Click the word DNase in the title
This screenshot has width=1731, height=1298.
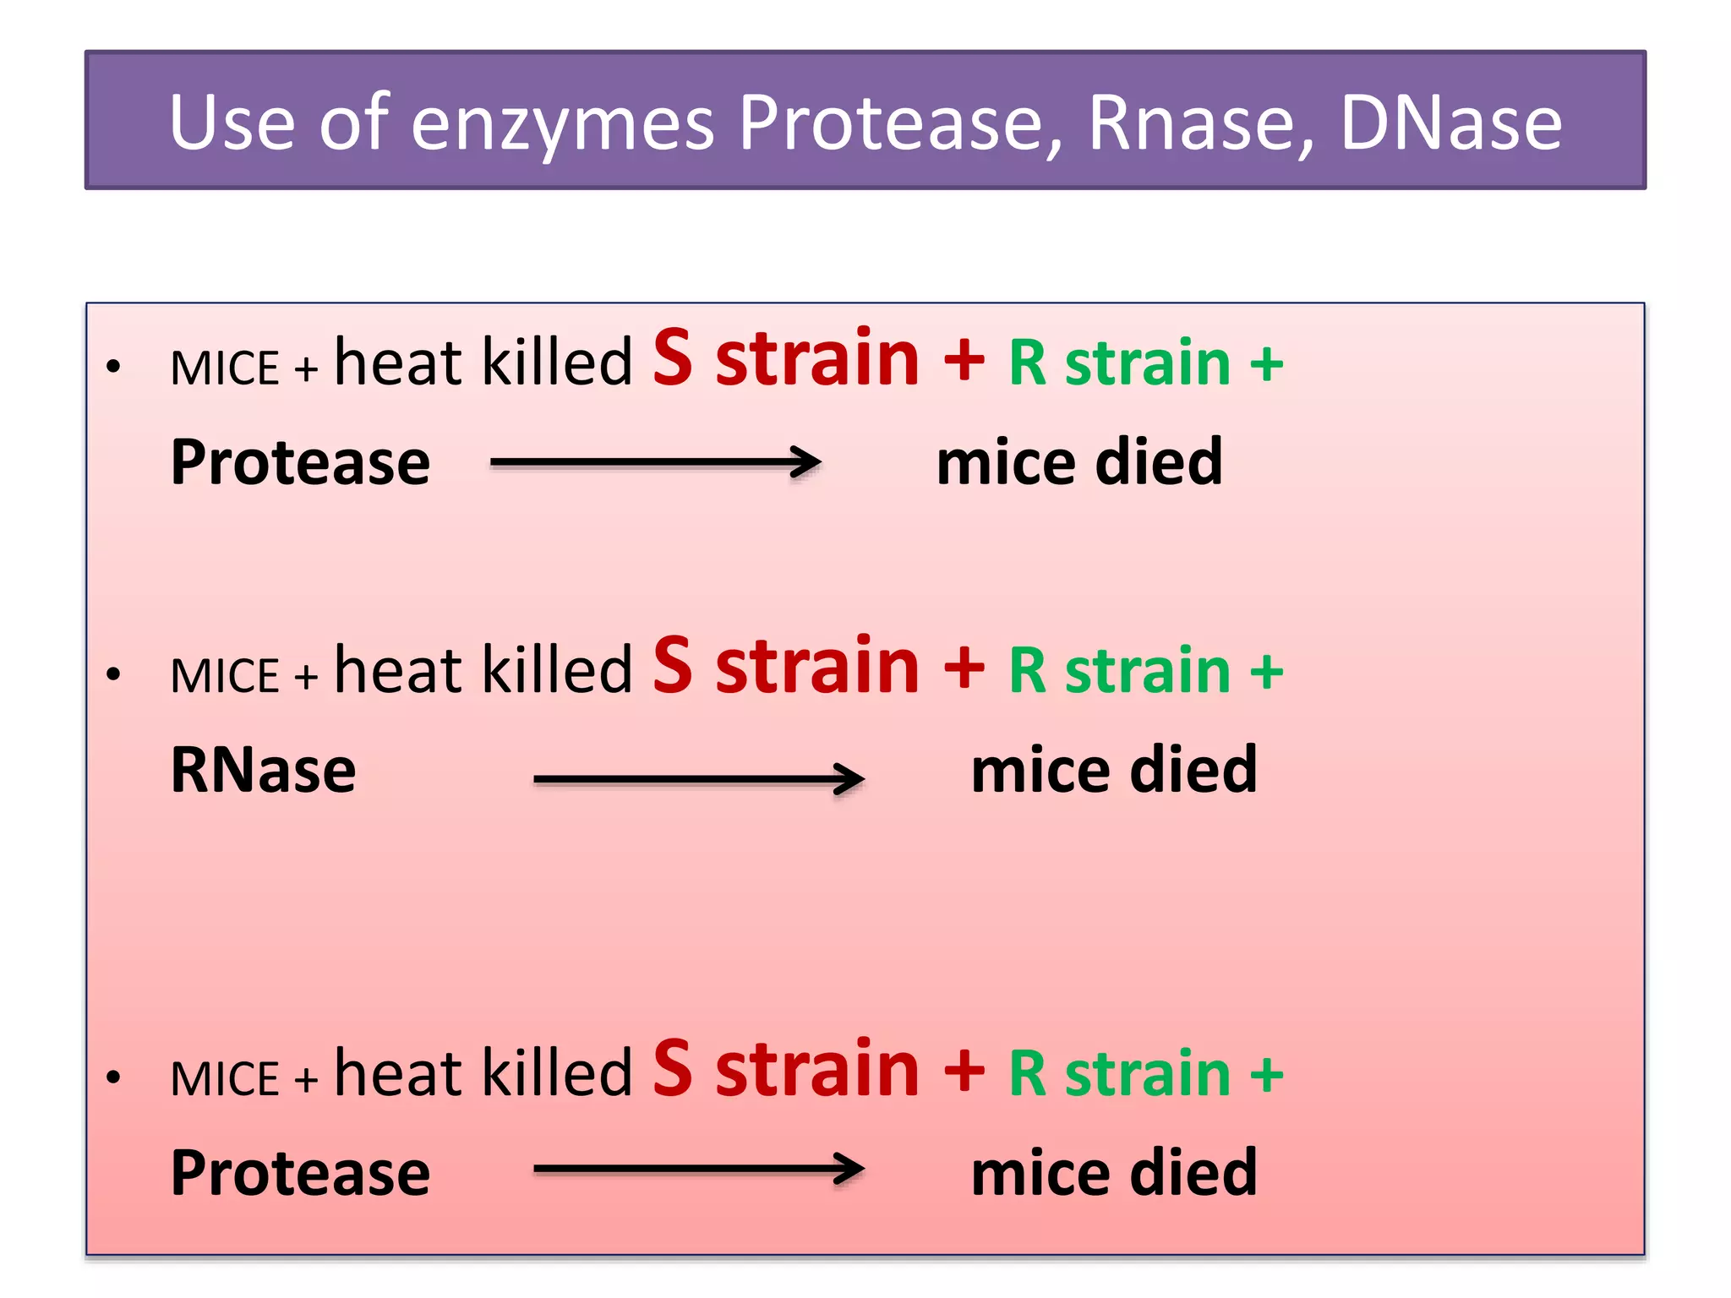(x=1450, y=123)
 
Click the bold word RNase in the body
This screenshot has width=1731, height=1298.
(x=263, y=770)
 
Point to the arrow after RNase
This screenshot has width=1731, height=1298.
(x=698, y=778)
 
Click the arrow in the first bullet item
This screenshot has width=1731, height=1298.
(x=655, y=462)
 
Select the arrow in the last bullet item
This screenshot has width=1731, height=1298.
(x=698, y=1170)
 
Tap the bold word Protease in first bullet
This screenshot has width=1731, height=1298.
(x=300, y=463)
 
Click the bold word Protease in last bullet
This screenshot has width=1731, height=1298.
(x=300, y=1173)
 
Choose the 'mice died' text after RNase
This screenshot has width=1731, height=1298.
(x=1113, y=770)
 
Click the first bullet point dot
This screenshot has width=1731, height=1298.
(x=113, y=367)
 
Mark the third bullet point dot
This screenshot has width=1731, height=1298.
(x=113, y=1077)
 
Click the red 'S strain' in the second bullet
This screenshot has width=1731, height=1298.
(x=785, y=667)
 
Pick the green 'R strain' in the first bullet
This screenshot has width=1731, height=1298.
(x=1119, y=363)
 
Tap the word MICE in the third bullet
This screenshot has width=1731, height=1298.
(x=224, y=1079)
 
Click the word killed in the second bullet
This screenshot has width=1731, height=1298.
(x=557, y=669)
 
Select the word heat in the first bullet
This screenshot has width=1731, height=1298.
(x=398, y=362)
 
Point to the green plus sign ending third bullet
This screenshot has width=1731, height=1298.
(x=1266, y=1075)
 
